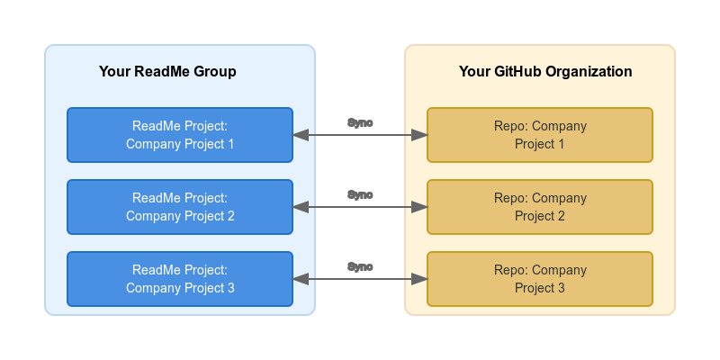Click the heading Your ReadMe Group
167,72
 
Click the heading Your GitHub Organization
545,72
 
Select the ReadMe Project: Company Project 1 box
180,135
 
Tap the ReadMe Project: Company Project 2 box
180,207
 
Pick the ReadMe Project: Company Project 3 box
180,279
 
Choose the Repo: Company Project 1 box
540,135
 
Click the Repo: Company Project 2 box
540,207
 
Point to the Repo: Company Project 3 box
540,279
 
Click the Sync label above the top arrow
360,123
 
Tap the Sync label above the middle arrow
360,194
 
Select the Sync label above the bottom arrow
360,266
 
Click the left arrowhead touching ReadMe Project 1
301,135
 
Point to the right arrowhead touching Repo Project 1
419,135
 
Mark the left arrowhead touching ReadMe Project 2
301,207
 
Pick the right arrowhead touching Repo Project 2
419,207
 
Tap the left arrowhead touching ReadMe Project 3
301,279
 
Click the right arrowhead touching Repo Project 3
419,279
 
